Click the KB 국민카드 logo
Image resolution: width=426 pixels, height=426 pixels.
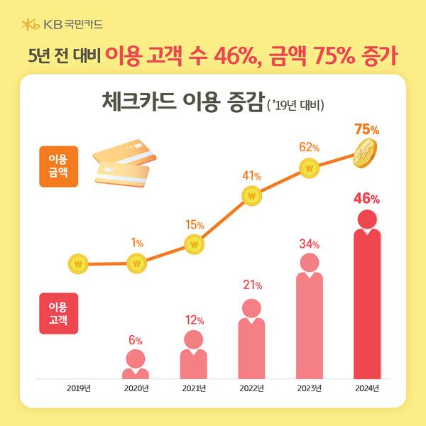62,24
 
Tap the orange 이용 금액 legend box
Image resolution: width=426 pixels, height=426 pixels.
58,167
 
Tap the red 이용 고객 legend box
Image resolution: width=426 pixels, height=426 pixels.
58,313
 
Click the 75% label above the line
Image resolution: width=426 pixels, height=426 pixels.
366,130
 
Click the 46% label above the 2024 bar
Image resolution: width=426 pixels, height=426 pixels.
367,198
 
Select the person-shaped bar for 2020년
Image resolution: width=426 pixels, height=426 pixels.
136,366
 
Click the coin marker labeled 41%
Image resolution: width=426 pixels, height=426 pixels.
251,195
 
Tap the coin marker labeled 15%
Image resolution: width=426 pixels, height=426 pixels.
193,244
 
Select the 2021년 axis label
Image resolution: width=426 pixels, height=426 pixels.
193,388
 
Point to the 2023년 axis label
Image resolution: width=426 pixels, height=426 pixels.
309,388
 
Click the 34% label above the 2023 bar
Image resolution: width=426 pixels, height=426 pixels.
309,244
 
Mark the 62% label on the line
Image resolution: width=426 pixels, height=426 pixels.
309,147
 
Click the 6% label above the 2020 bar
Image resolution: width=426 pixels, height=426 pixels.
136,339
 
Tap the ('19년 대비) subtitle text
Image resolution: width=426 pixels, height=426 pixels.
296,105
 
